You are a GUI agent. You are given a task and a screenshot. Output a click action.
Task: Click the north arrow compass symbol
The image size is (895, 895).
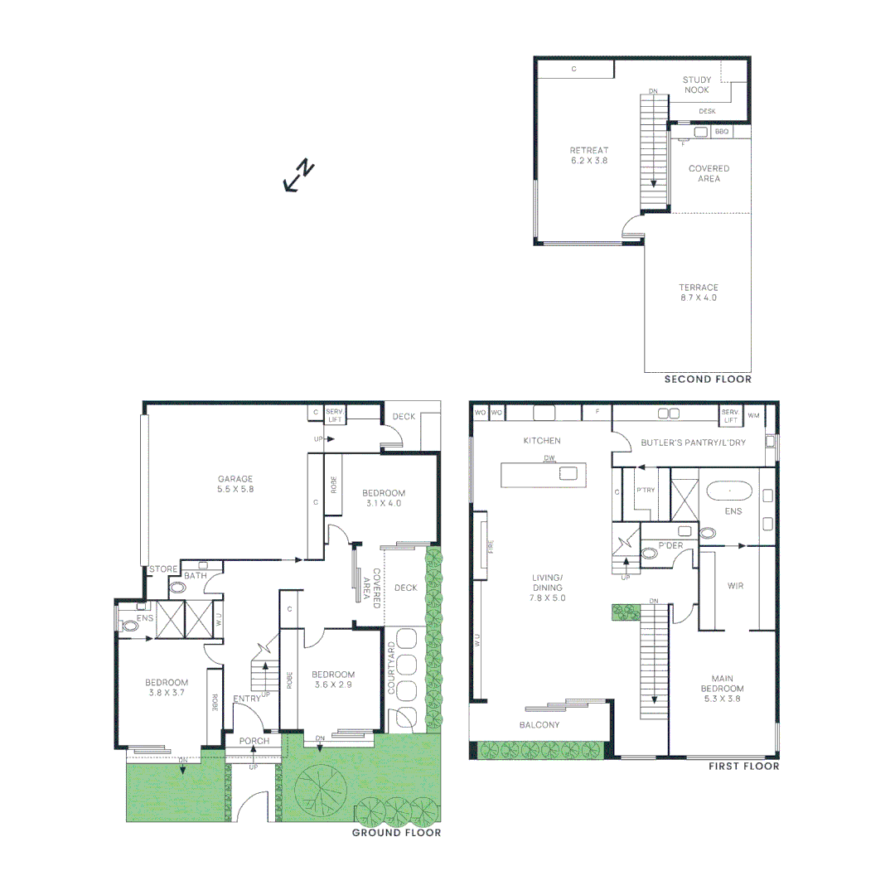[x=298, y=175]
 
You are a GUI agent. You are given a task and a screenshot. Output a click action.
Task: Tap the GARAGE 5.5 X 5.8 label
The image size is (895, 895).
[x=235, y=484]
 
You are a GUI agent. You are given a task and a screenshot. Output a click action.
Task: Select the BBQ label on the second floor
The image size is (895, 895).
[x=721, y=132]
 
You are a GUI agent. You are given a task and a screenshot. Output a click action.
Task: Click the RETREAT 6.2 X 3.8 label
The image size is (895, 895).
[x=588, y=156]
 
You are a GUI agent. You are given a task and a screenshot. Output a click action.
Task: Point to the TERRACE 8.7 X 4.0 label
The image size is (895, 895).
[x=697, y=293]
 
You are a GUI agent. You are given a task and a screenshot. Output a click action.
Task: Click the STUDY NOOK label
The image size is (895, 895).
[x=696, y=85]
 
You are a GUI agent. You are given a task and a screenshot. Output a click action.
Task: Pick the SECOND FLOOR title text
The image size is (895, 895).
[x=708, y=380]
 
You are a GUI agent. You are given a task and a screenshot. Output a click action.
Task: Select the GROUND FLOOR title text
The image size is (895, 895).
[x=396, y=833]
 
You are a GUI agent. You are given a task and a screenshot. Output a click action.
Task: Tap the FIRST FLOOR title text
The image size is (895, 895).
[x=743, y=767]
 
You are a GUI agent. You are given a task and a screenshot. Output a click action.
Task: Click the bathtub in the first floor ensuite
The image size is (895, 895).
[x=729, y=491]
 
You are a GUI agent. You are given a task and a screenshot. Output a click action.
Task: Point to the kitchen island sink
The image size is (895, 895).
[x=568, y=474]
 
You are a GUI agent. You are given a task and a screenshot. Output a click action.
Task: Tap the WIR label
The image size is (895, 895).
[x=734, y=586]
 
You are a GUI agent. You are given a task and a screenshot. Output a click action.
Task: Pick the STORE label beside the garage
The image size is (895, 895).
[x=163, y=569]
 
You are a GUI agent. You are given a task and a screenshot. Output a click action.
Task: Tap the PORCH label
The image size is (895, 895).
[x=254, y=740]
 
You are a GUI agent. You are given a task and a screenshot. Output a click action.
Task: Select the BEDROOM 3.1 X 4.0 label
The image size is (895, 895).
[x=384, y=497]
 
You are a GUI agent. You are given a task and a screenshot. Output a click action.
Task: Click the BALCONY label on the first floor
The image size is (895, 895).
[x=539, y=725]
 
